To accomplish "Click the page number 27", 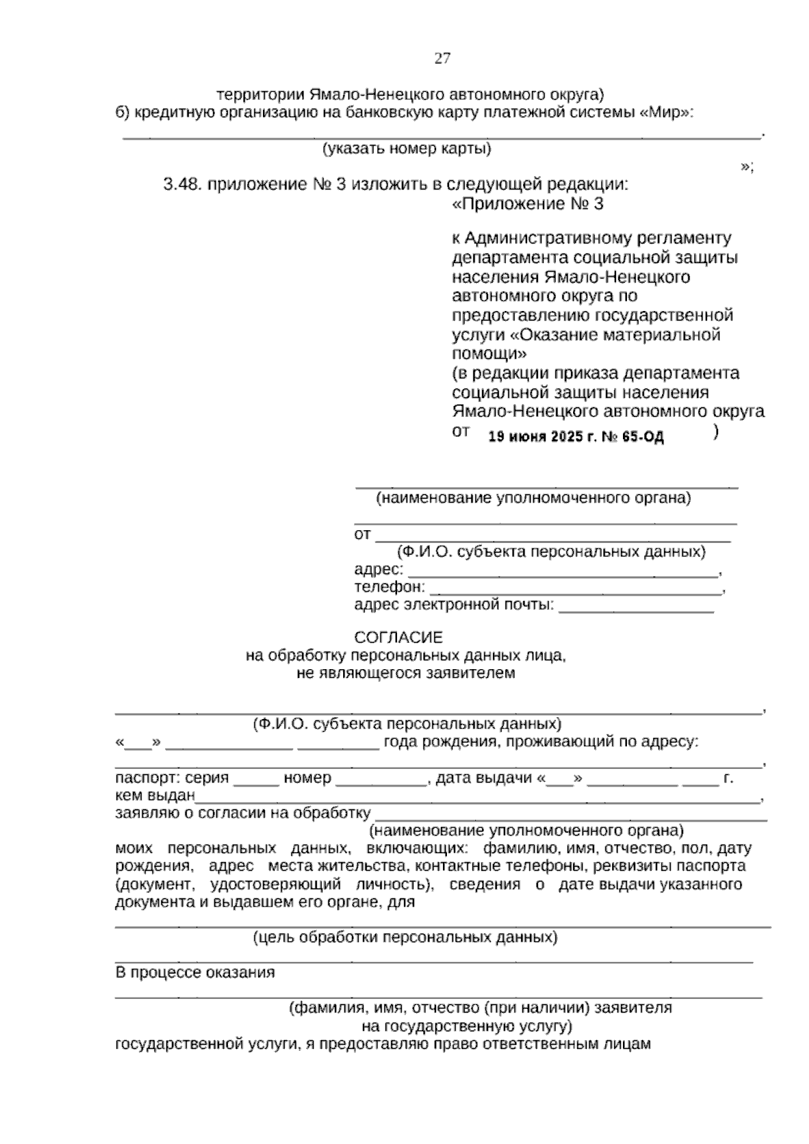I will coord(442,58).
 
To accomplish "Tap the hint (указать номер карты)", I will coord(407,148).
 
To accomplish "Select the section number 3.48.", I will coord(182,184).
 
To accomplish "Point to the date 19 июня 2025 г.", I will coord(543,436).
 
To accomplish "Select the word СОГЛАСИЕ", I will coord(398,637).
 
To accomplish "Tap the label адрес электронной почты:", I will coord(454,604).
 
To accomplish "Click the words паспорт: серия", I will coord(172,778).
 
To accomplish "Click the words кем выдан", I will coord(155,796).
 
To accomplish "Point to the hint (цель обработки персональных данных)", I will coord(405,937).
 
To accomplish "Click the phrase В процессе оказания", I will coord(195,973).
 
